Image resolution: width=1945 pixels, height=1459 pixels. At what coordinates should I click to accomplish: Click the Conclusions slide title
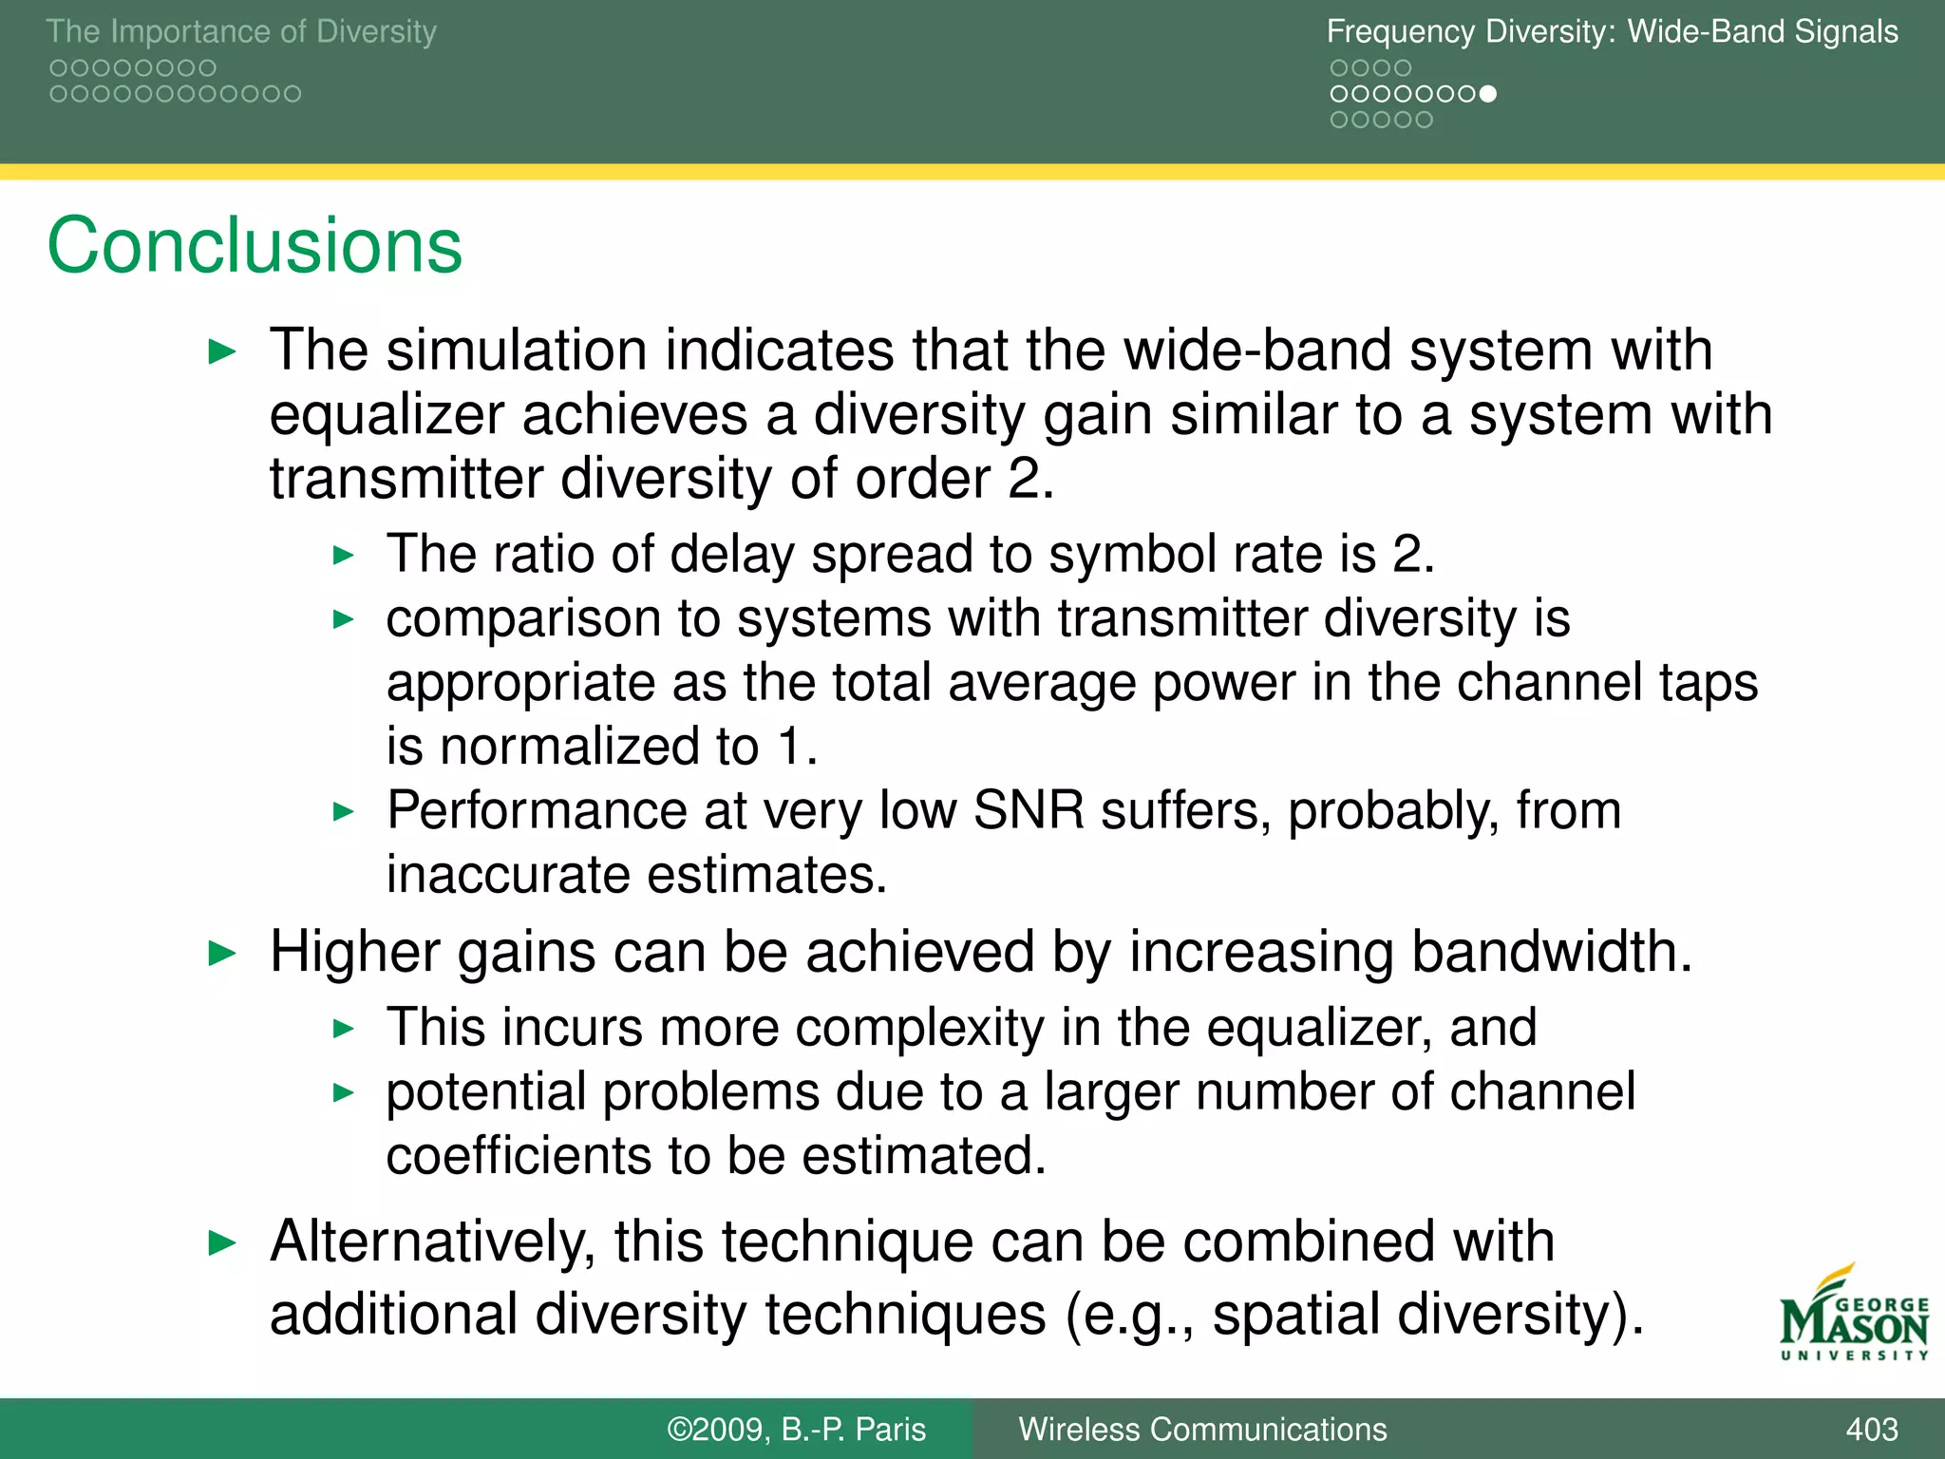point(255,246)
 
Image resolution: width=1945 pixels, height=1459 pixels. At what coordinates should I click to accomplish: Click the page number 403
point(1871,1429)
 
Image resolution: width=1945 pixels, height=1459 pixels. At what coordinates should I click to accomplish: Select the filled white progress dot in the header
point(1488,94)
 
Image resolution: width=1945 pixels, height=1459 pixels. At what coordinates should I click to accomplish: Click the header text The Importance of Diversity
point(241,31)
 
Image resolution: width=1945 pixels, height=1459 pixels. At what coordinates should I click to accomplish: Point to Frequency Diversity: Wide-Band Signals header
point(1612,31)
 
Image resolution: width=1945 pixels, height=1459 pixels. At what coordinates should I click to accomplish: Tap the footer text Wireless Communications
point(1202,1429)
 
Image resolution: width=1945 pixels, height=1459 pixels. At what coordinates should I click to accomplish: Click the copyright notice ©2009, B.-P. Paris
point(796,1429)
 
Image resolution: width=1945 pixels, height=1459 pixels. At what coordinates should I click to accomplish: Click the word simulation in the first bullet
point(517,350)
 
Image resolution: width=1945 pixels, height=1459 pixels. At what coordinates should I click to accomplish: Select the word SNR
point(1029,810)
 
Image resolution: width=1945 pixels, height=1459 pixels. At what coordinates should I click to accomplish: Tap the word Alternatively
point(432,1241)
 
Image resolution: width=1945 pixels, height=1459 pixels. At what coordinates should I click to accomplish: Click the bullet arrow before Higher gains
point(221,953)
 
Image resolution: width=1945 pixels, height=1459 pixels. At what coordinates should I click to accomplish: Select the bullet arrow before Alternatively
point(221,1242)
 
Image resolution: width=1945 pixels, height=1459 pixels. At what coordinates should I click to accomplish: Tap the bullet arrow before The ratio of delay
point(344,555)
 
